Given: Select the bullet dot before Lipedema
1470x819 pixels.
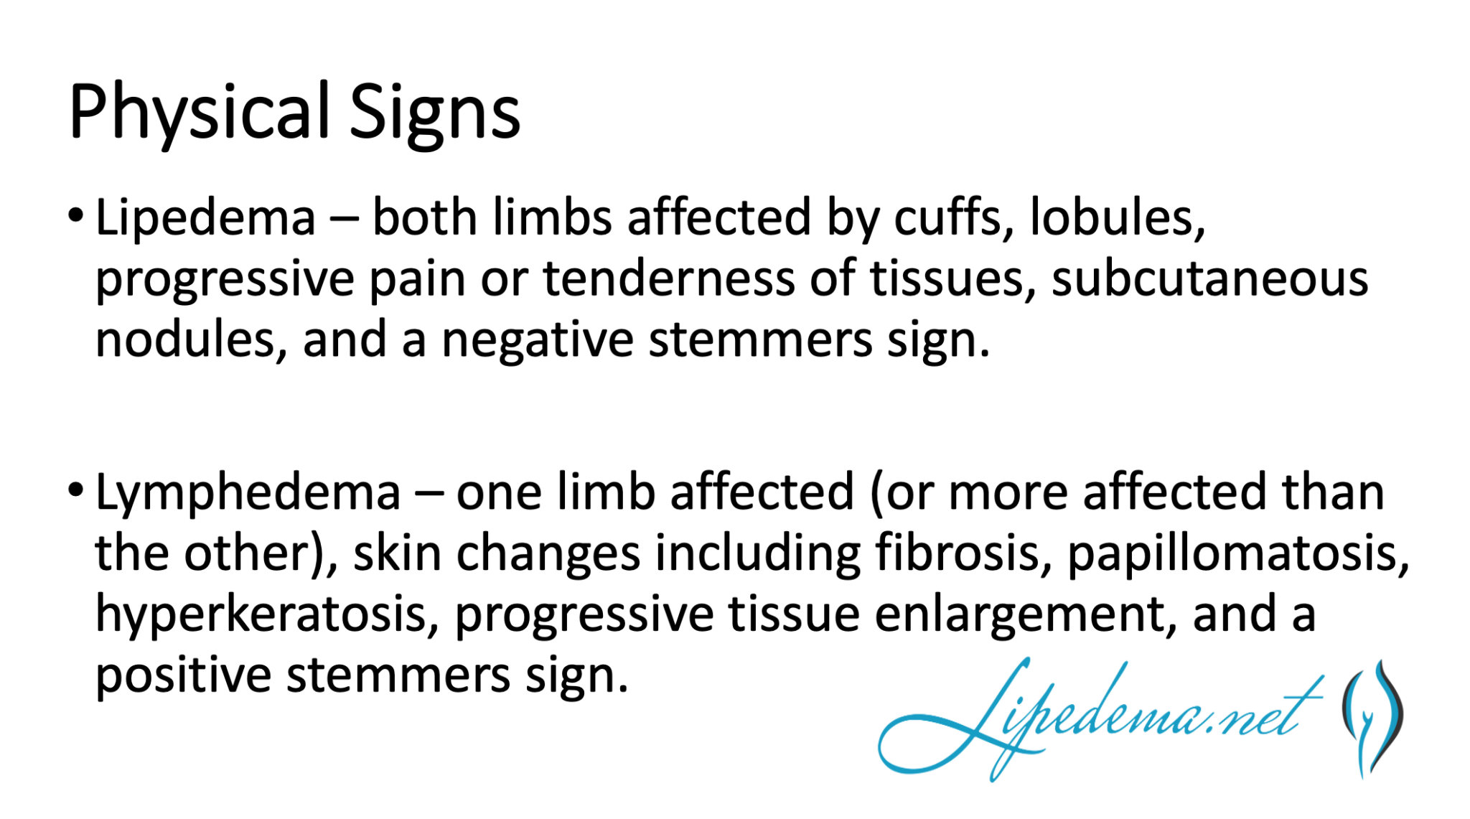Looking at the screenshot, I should click(x=76, y=215).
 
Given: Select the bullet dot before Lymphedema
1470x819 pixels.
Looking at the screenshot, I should click(x=76, y=491).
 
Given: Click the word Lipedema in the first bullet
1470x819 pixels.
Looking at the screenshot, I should click(x=205, y=218).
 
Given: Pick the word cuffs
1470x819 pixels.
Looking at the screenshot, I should click(x=954, y=217).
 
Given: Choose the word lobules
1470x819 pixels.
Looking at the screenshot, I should click(x=1117, y=217).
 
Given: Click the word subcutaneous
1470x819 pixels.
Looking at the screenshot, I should click(x=1209, y=279).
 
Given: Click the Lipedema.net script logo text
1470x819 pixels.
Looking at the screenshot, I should click(x=1098, y=718).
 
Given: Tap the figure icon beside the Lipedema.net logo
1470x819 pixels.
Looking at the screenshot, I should click(x=1372, y=718).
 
